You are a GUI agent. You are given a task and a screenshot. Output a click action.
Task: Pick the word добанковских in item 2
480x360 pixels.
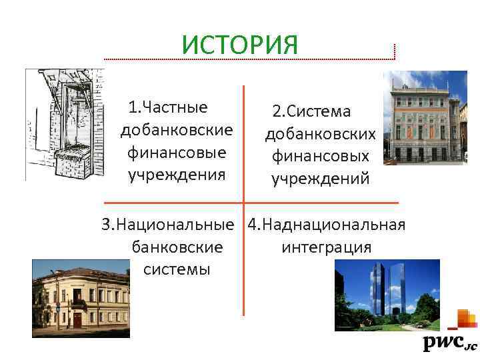pos(321,135)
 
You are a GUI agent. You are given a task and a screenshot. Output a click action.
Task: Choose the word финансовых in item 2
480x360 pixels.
pos(321,157)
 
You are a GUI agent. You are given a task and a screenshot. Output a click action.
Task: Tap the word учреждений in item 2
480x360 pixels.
pos(321,179)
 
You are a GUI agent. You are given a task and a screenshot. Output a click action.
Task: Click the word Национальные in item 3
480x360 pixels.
pos(175,225)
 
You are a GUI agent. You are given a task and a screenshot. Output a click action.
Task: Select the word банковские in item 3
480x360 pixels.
pos(177,247)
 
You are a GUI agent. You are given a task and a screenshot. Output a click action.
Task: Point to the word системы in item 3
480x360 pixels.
pos(177,269)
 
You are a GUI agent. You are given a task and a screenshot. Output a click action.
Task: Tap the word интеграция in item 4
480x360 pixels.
pos(327,247)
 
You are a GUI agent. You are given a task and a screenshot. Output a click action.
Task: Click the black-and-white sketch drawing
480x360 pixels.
pos(65,124)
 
